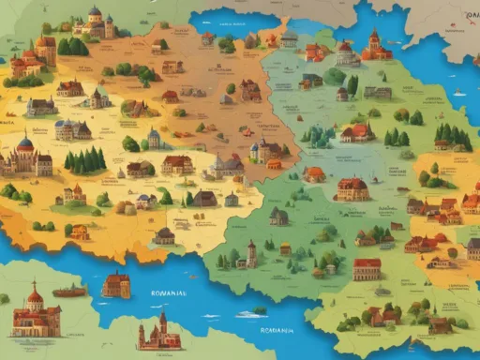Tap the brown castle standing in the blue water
pyautogui.click(x=116, y=285)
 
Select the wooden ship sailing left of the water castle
pyautogui.click(x=67, y=292)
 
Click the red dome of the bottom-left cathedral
pyautogui.click(x=35, y=298)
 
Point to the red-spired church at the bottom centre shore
pyautogui.click(x=158, y=332)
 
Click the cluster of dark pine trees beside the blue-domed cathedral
pyautogui.click(x=85, y=160)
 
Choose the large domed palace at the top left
pyautogui.click(x=95, y=23)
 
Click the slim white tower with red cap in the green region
pyautogui.click(x=250, y=253)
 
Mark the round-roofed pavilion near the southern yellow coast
pyautogui.click(x=164, y=234)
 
